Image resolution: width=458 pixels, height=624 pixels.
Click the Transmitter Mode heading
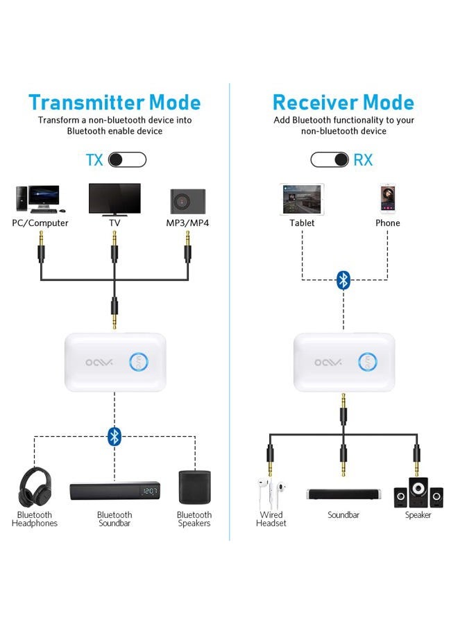point(114,103)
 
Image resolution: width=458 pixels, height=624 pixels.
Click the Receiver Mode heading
point(343,103)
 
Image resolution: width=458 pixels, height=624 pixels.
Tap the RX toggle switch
point(330,160)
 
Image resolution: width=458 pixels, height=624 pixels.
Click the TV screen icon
point(114,199)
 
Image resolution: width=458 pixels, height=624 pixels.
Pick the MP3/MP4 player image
point(186,200)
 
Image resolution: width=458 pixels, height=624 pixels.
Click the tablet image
point(302,200)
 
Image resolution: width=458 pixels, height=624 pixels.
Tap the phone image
point(387,200)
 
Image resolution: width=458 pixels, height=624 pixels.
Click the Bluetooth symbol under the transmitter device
point(114,436)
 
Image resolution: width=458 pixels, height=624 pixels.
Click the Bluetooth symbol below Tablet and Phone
point(343,279)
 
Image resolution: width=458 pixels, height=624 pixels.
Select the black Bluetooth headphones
point(35,487)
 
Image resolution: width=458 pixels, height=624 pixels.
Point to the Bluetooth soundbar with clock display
point(114,492)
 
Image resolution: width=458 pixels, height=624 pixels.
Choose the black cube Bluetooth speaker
point(194,487)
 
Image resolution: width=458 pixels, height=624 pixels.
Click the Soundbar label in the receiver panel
point(343,515)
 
